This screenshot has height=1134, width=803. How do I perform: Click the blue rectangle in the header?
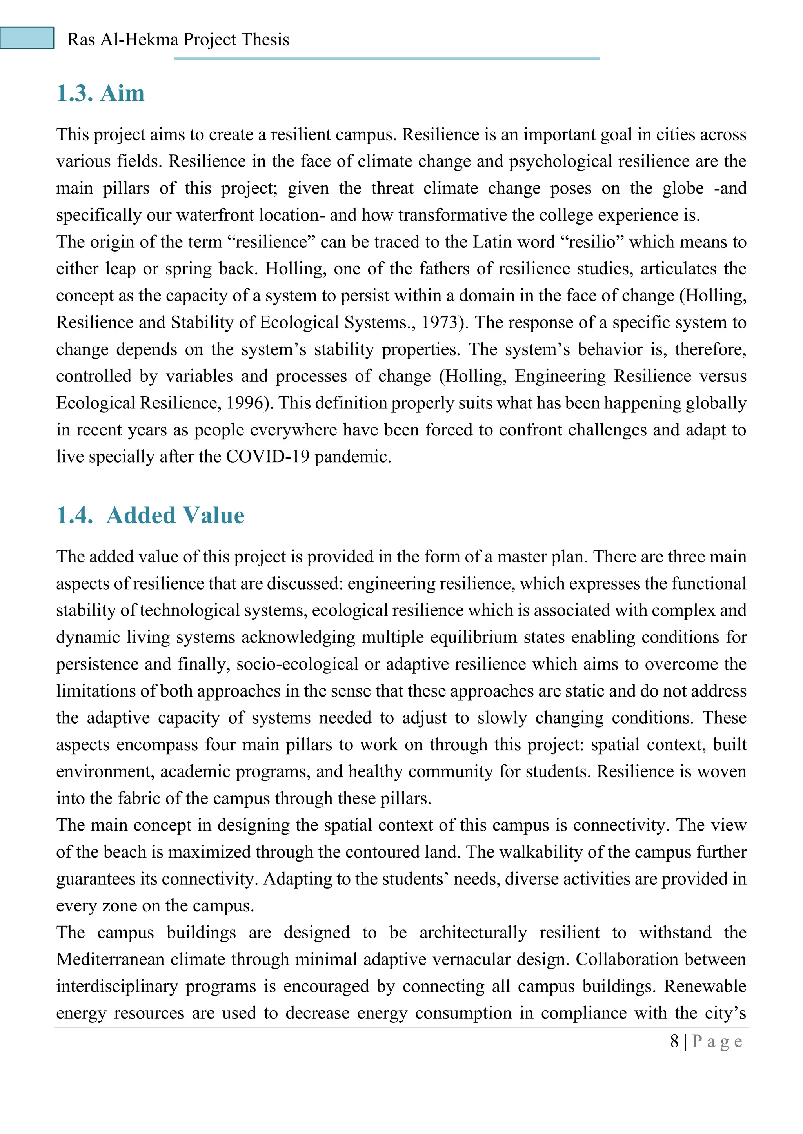coord(27,38)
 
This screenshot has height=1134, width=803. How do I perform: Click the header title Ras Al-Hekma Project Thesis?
coord(178,40)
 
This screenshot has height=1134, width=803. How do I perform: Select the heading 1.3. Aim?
coord(100,93)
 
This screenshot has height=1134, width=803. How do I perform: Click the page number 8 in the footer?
coord(674,1041)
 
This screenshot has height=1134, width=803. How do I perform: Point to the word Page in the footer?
coord(717,1041)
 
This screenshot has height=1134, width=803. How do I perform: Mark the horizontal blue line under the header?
coord(386,58)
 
